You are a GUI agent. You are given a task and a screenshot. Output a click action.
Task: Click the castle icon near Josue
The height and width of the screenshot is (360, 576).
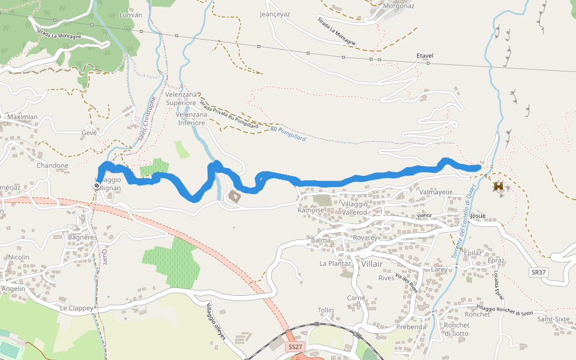point(499,187)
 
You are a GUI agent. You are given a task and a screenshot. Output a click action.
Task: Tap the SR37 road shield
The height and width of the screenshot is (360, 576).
point(539,272)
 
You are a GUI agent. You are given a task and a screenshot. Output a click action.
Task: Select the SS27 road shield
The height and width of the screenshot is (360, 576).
point(295,347)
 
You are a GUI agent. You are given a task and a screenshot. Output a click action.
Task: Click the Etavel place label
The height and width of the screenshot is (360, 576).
point(425,56)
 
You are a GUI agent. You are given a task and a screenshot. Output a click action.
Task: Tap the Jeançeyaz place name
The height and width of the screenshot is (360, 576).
point(275,14)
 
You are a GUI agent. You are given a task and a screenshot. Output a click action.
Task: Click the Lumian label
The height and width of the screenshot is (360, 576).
point(131,15)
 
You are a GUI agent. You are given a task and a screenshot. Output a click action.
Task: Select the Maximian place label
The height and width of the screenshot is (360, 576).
point(22,117)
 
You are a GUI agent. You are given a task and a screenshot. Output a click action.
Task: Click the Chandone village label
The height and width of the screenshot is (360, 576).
point(53,166)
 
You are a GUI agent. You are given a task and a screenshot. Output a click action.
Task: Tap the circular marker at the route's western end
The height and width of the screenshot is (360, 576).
point(97,187)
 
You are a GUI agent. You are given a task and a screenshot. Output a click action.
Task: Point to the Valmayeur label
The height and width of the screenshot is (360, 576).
point(436,192)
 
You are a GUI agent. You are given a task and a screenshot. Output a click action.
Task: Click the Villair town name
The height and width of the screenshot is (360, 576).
point(373,263)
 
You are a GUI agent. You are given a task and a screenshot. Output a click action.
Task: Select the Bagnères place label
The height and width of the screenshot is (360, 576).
point(83,238)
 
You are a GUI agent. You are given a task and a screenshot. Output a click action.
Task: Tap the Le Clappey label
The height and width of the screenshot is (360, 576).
point(77,308)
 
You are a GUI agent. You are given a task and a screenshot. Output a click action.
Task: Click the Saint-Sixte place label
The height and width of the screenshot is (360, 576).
point(553,319)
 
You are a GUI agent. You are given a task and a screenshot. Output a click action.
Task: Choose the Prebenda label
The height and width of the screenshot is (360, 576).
point(412,327)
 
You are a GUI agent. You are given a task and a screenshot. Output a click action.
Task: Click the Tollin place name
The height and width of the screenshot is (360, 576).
point(326,310)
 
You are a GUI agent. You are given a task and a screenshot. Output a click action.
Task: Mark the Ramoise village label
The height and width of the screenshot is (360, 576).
point(311,210)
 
